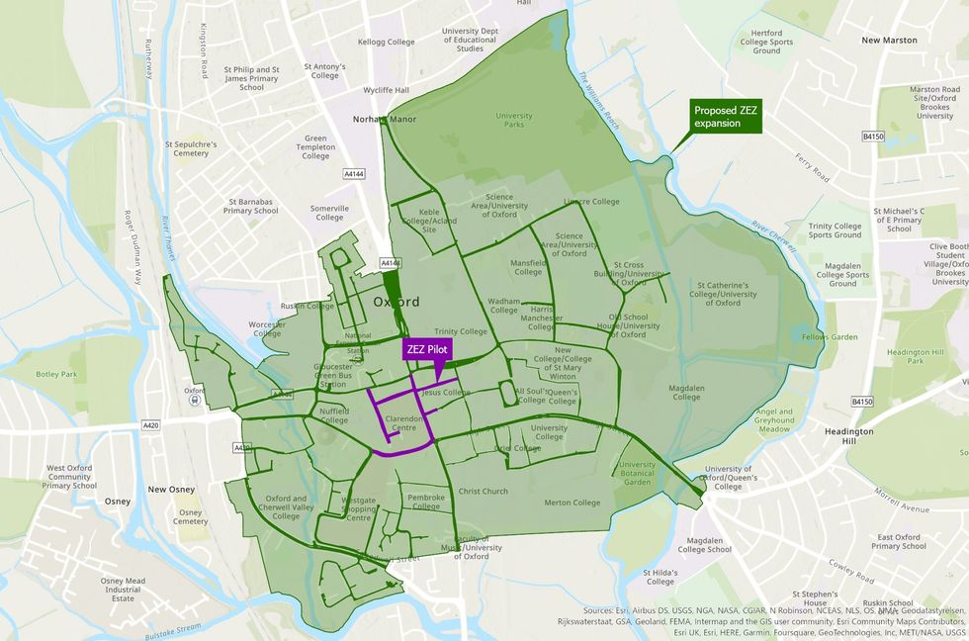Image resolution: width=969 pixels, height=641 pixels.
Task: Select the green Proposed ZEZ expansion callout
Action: tap(725, 117)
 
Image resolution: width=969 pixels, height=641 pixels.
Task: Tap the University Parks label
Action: tap(513, 122)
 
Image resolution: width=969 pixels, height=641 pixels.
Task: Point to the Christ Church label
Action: tap(483, 491)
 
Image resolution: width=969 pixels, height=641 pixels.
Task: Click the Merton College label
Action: tap(572, 503)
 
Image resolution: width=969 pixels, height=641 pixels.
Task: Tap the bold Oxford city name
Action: tap(396, 302)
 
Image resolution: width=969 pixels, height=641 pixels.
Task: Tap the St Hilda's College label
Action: tap(660, 578)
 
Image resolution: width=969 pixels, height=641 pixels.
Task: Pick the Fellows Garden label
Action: tap(830, 337)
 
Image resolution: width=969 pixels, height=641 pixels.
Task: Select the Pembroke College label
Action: tap(426, 502)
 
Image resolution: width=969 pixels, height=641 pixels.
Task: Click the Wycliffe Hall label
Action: tap(386, 90)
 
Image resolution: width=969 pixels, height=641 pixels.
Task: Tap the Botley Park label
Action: tap(56, 375)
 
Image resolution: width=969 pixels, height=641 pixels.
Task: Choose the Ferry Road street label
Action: tap(810, 168)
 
